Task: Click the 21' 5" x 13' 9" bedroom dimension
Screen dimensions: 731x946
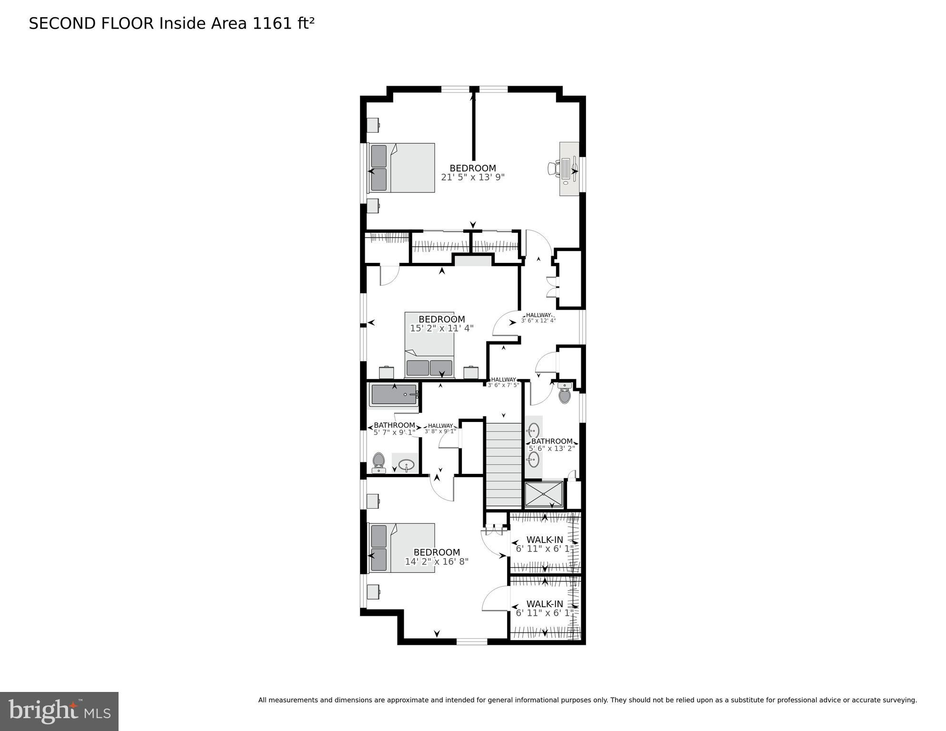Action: coord(472,177)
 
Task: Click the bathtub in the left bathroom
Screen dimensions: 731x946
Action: coord(394,395)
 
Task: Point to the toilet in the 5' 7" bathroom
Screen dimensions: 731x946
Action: coord(378,462)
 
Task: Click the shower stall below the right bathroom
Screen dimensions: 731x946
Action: coord(543,494)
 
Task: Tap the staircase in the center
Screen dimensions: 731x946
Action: coord(504,462)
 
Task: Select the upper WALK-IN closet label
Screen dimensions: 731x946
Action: coord(545,540)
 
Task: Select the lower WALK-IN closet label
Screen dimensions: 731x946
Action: coord(545,604)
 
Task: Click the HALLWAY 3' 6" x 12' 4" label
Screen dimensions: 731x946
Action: coord(538,318)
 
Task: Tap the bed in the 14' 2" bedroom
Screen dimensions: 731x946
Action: coord(402,548)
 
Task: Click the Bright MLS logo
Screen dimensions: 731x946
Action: coord(59,711)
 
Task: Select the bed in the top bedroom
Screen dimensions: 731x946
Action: coord(402,168)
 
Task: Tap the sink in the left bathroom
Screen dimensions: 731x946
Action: coord(406,464)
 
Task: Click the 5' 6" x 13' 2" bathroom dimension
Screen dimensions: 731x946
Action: coord(552,448)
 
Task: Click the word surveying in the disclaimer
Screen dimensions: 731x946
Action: coord(900,700)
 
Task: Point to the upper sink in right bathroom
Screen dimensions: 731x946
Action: coord(534,431)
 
